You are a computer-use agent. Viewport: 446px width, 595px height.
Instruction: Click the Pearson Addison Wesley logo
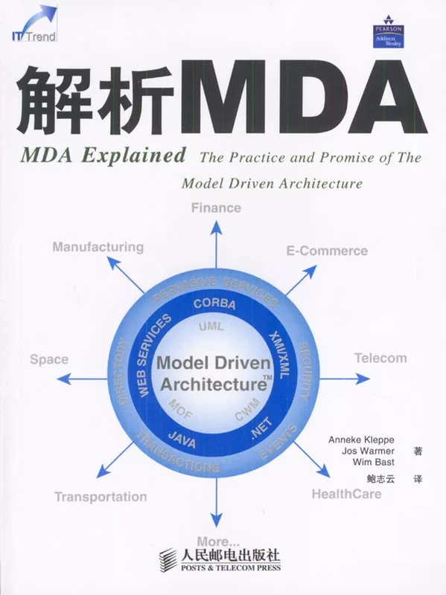388,32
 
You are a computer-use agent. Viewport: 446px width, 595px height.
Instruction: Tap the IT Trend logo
34,23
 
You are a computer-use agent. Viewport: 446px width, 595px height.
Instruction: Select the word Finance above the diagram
216,208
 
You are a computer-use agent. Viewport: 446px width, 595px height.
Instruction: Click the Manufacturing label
98,247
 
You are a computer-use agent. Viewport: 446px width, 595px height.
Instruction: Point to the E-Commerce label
327,251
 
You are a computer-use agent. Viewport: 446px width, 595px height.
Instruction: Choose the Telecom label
380,358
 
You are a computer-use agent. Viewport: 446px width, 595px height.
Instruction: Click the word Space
49,359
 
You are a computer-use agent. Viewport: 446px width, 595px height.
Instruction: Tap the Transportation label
101,497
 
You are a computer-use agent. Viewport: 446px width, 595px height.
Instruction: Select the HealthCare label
346,494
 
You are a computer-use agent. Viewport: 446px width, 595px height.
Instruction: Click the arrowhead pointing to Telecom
363,379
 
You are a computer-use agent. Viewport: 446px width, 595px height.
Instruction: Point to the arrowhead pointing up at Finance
216,227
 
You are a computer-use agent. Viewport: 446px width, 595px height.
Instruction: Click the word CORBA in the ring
214,304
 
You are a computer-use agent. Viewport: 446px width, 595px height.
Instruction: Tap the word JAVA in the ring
182,440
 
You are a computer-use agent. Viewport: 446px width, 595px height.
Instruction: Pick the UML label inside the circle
211,327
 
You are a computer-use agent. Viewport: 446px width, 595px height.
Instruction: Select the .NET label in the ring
262,428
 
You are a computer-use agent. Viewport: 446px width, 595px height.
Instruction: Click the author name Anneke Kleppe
361,440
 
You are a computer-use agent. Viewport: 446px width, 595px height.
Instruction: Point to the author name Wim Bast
374,462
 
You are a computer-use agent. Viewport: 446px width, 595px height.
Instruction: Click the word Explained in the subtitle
134,156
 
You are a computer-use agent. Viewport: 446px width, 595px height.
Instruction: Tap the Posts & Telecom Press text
231,567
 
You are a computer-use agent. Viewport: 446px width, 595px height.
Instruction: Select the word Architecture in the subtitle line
320,184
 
